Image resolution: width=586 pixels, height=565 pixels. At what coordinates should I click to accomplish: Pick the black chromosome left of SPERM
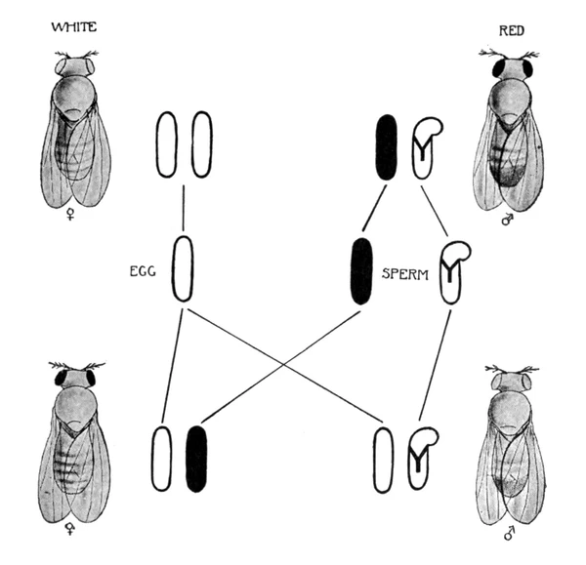pos(361,269)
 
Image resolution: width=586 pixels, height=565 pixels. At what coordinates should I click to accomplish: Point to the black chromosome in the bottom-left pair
pos(196,457)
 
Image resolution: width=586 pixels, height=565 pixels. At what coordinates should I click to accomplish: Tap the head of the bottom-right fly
pos(507,378)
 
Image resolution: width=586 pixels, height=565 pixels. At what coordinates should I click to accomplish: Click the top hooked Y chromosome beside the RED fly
pos(426,147)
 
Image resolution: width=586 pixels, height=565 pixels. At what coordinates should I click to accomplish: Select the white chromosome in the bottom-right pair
pos(384,457)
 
